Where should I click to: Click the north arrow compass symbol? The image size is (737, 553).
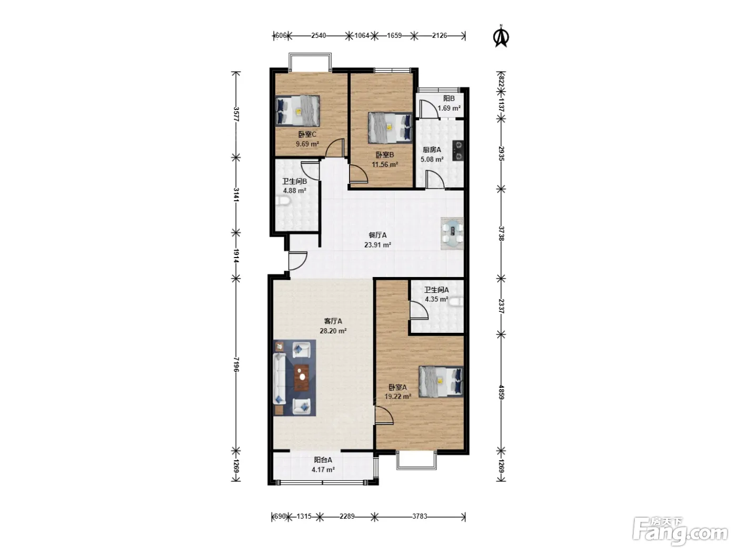501,36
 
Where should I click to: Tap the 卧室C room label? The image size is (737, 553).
307,135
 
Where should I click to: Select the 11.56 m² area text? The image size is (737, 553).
385,164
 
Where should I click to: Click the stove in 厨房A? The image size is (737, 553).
458,151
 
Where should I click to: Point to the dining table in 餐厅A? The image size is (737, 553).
452,234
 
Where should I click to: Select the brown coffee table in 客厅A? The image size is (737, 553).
302,378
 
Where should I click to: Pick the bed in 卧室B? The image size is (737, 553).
390,127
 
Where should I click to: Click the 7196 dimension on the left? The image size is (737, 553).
236,364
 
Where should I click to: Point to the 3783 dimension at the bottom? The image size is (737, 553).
420,517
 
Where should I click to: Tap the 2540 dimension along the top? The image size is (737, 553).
318,36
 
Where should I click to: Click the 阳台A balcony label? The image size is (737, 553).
323,460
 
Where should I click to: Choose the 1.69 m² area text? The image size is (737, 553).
449,108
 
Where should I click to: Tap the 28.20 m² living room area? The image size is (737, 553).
333,331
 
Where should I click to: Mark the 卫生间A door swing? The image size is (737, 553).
419,310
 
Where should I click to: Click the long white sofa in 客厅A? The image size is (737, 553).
280,378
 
